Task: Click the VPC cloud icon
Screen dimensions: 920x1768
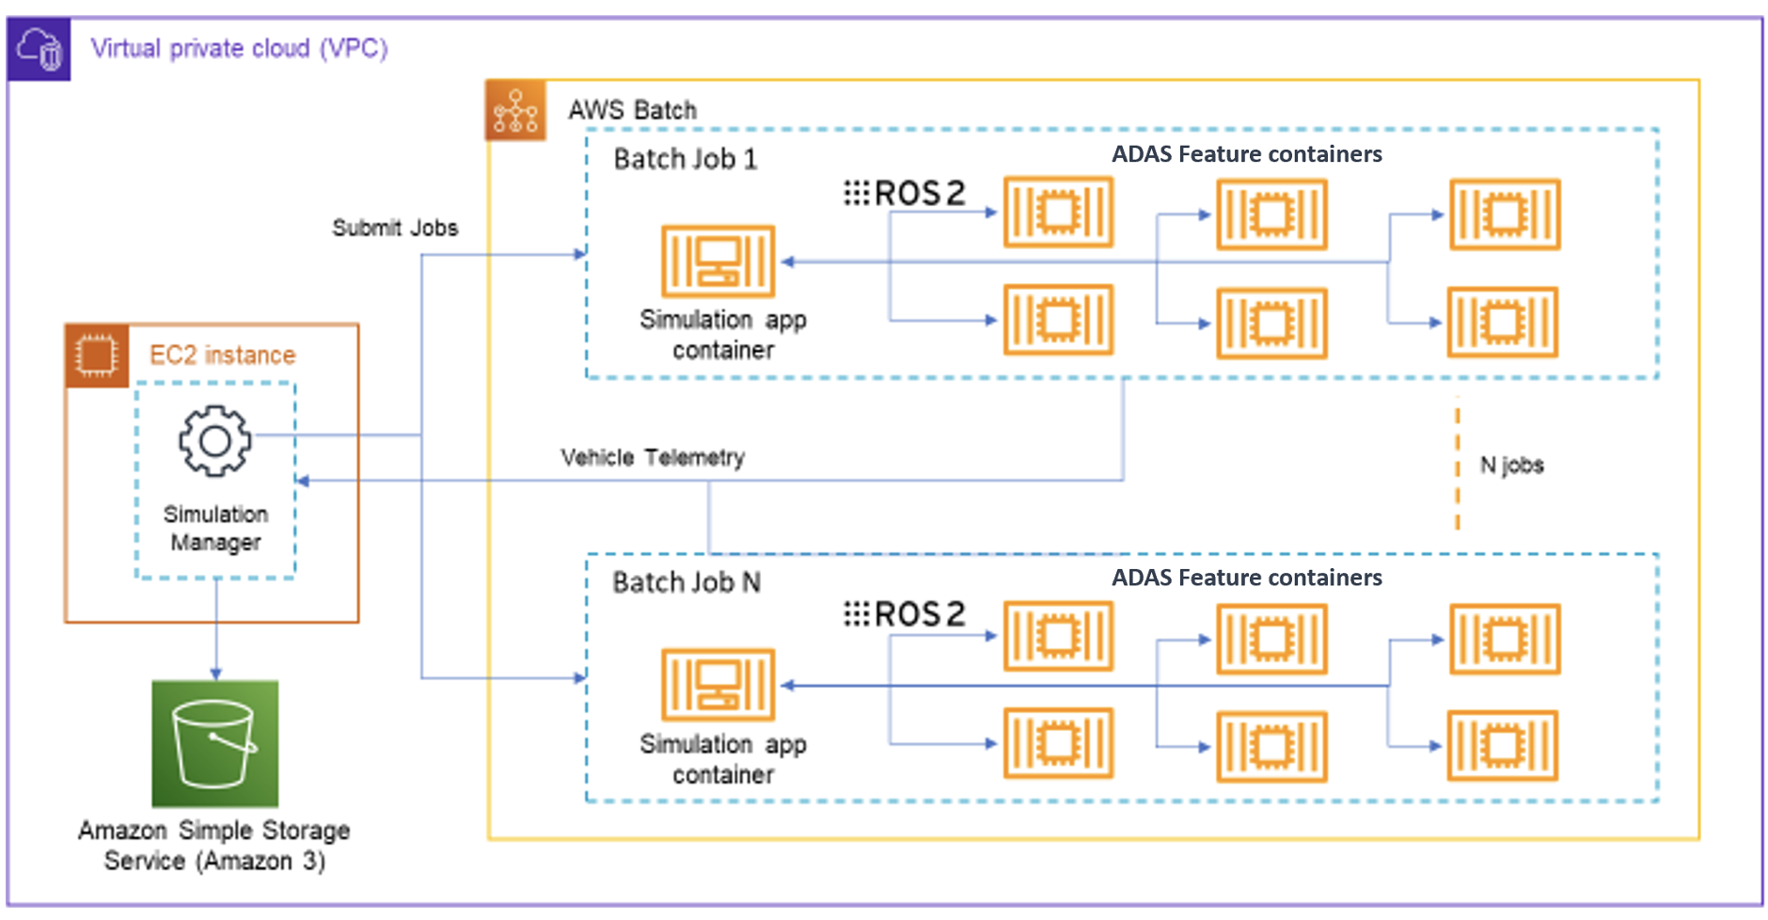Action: click(x=39, y=49)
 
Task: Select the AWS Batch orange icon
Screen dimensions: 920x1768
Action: click(x=515, y=111)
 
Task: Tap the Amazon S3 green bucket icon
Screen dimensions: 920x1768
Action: click(x=215, y=743)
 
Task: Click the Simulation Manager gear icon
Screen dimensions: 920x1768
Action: click(x=215, y=440)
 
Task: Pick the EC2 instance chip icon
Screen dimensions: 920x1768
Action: click(x=96, y=356)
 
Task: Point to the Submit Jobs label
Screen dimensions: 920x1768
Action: click(x=395, y=228)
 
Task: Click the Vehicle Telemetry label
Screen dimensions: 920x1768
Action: click(x=653, y=457)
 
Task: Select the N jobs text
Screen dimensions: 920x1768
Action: click(x=1511, y=465)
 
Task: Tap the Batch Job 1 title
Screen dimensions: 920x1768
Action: click(x=685, y=159)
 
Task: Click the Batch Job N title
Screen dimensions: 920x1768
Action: click(x=686, y=582)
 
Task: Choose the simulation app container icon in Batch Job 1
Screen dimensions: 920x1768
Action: click(x=718, y=261)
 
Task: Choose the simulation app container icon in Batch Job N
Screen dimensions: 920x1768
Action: click(x=718, y=684)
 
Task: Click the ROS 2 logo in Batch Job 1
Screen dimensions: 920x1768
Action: click(x=905, y=193)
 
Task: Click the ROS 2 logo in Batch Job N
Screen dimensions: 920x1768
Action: click(x=905, y=614)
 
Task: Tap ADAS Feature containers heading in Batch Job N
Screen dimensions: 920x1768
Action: click(x=1246, y=578)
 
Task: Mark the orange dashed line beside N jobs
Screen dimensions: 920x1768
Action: click(x=1458, y=465)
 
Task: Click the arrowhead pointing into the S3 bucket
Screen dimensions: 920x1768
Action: click(x=216, y=674)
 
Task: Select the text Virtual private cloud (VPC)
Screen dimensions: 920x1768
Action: click(x=239, y=48)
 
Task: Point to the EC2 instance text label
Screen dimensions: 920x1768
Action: click(x=222, y=355)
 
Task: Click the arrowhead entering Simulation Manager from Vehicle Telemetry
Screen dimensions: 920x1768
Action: click(x=303, y=481)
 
